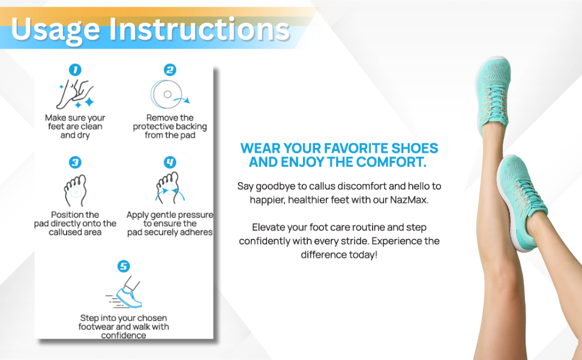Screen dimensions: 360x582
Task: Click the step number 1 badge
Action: (75, 70)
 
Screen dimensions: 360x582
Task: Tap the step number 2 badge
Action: (170, 70)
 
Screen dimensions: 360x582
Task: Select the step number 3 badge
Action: (75, 163)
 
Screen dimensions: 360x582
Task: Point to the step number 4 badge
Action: (170, 163)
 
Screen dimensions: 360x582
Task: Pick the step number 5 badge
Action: (123, 266)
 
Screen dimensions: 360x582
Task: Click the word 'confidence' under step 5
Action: (123, 335)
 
